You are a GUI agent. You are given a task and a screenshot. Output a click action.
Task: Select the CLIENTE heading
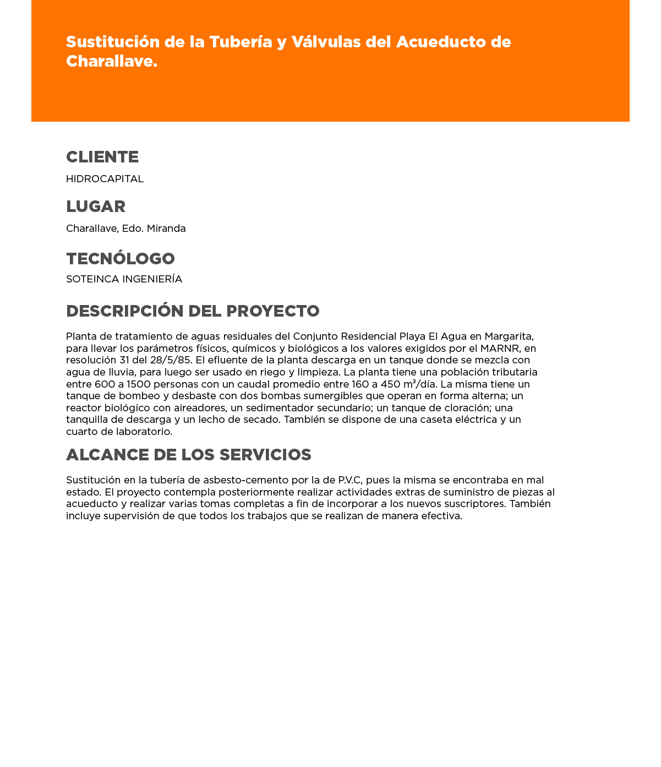click(102, 157)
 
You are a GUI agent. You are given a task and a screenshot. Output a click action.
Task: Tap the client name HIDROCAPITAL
click(105, 179)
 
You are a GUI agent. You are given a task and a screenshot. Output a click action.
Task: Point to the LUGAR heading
click(96, 206)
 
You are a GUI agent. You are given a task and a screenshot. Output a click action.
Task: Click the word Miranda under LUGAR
click(166, 229)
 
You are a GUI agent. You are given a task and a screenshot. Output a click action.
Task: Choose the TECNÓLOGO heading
click(121, 259)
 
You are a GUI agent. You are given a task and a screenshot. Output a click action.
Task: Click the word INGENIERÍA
click(152, 279)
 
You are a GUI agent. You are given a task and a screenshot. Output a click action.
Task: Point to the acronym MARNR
click(500, 349)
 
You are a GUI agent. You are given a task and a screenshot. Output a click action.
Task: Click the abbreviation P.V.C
click(346, 480)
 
